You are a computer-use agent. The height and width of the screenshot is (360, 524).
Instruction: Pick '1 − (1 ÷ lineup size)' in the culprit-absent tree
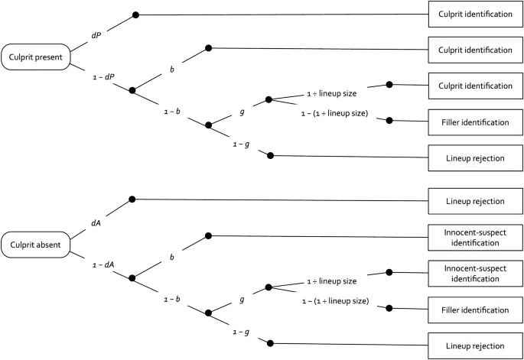[335, 301]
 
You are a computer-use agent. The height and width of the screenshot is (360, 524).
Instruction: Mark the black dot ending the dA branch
[132, 199]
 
